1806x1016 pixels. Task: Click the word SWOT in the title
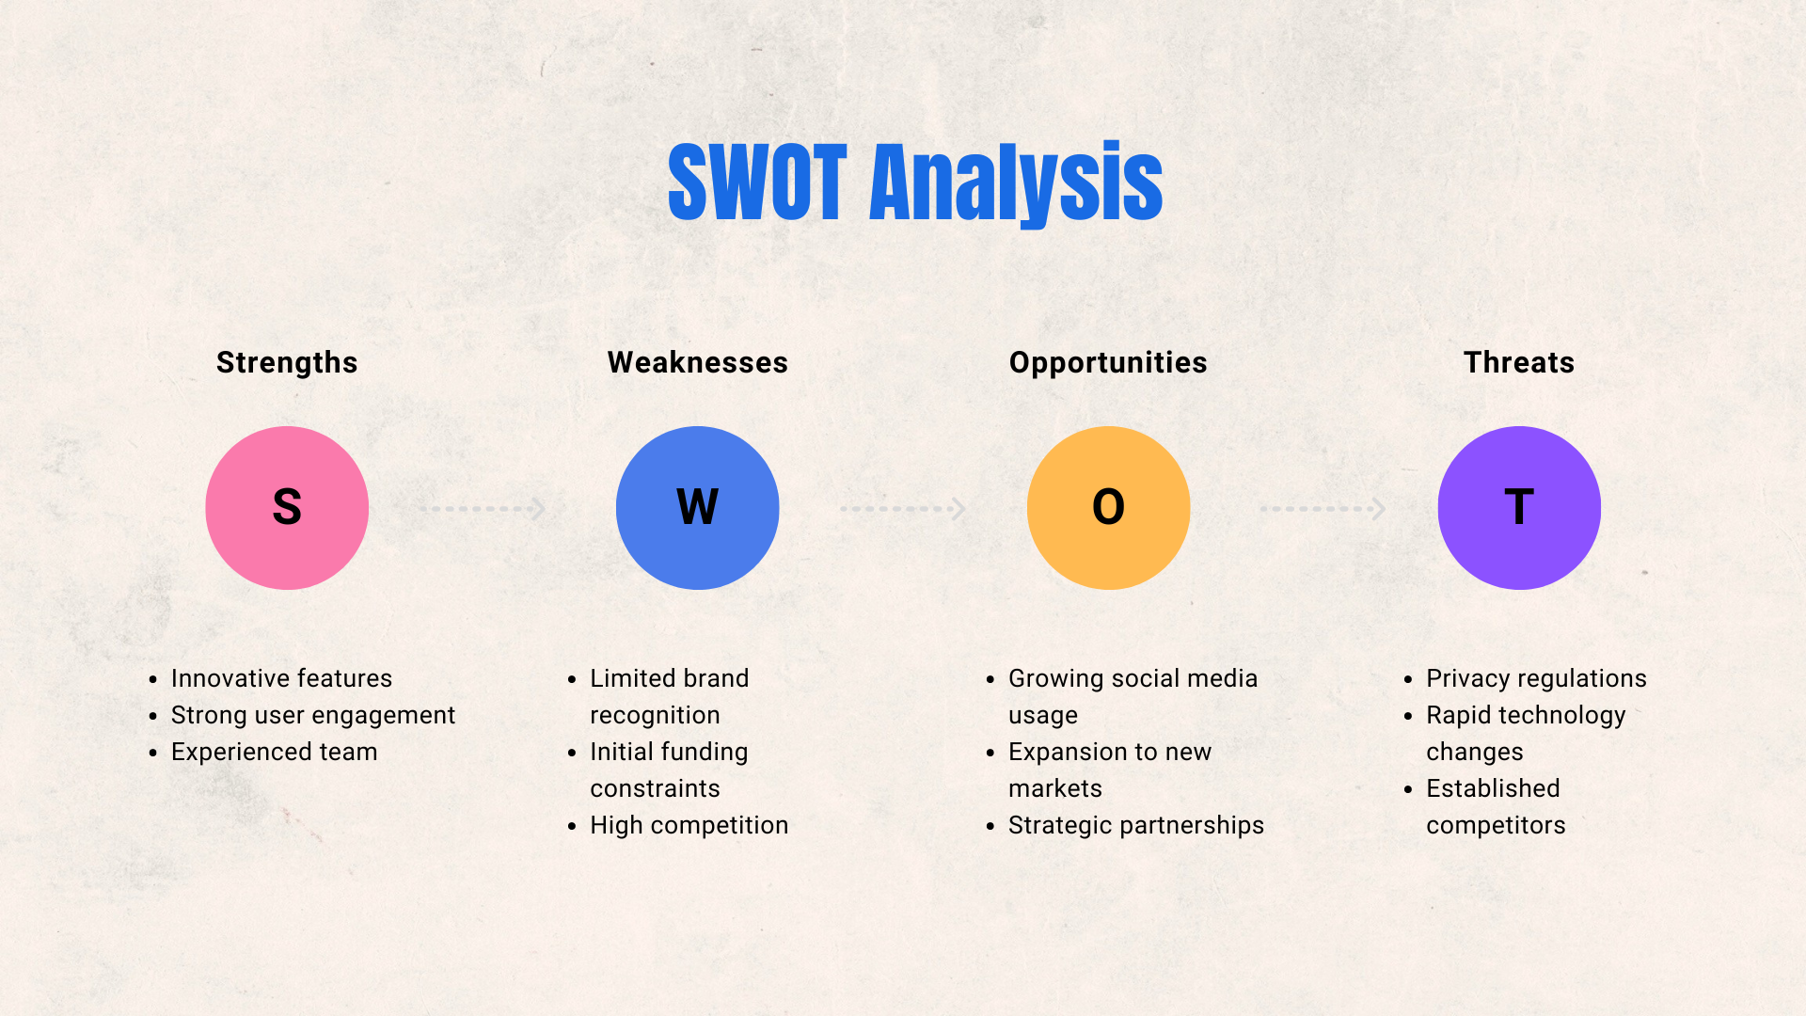[758, 183]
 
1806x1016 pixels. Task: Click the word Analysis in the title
[1017, 184]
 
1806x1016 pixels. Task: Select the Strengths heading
[287, 363]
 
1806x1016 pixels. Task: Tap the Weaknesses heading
[698, 362]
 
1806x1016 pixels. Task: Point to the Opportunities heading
[1108, 363]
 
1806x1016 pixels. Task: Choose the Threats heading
[1519, 362]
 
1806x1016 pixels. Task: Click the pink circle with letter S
[287, 508]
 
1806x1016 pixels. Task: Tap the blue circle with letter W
[698, 508]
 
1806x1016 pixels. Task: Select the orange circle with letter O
[1109, 508]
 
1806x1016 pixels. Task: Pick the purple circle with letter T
[1519, 508]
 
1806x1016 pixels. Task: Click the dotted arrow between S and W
[483, 509]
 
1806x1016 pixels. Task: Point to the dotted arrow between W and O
[903, 509]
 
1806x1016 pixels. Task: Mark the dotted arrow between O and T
[1323, 509]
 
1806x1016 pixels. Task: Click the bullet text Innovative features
[281, 678]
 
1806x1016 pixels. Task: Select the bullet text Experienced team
[274, 752]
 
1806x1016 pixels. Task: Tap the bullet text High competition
[689, 825]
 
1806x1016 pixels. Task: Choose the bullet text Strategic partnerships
[1136, 825]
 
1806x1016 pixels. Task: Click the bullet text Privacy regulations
[1536, 678]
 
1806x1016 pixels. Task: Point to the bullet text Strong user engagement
[313, 715]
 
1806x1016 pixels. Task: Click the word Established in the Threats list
[1493, 788]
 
